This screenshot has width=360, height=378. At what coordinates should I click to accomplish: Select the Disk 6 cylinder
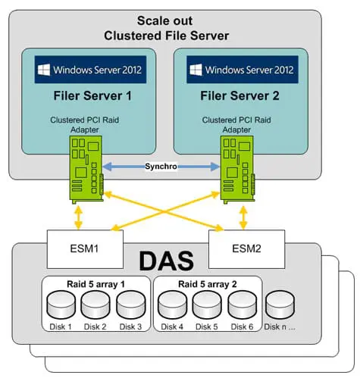point(242,306)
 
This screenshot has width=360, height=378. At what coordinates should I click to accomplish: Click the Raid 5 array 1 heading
point(97,284)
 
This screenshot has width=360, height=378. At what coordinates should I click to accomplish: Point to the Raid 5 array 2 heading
point(208,284)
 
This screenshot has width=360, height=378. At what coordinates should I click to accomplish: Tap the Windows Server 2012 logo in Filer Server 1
point(90,70)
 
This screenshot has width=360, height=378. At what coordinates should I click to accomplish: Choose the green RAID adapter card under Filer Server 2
point(235,172)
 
